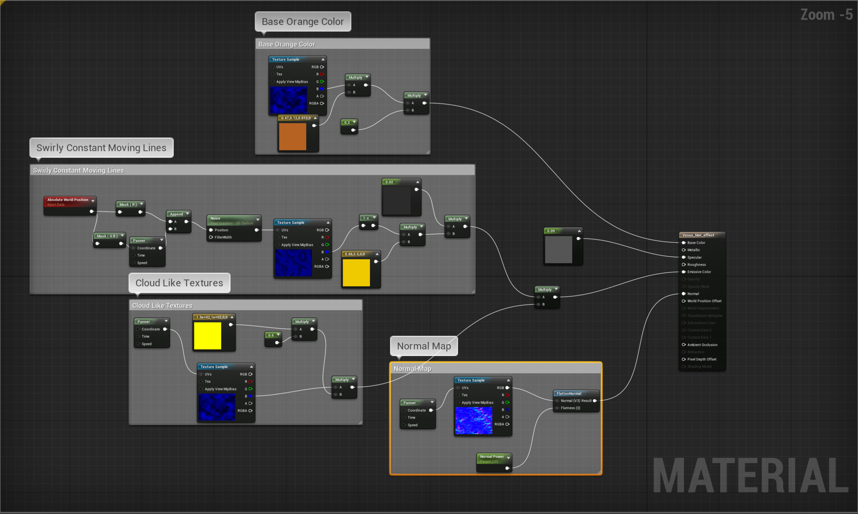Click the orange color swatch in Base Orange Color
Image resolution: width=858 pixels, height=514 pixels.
point(293,137)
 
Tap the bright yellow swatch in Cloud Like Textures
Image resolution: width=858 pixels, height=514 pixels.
point(207,336)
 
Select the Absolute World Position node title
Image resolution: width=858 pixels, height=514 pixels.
point(68,200)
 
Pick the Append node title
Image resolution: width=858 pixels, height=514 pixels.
point(177,214)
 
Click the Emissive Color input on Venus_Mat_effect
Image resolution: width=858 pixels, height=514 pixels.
point(699,272)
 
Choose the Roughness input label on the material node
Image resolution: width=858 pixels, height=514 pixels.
point(696,265)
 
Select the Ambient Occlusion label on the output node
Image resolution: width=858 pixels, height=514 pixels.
point(702,345)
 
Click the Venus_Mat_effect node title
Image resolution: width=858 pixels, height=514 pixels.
point(698,235)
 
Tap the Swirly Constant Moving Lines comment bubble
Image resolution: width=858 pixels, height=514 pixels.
point(101,148)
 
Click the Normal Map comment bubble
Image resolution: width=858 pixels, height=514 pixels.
point(424,346)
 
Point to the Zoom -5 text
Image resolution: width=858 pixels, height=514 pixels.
point(826,15)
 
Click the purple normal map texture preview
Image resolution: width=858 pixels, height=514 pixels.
point(474,420)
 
